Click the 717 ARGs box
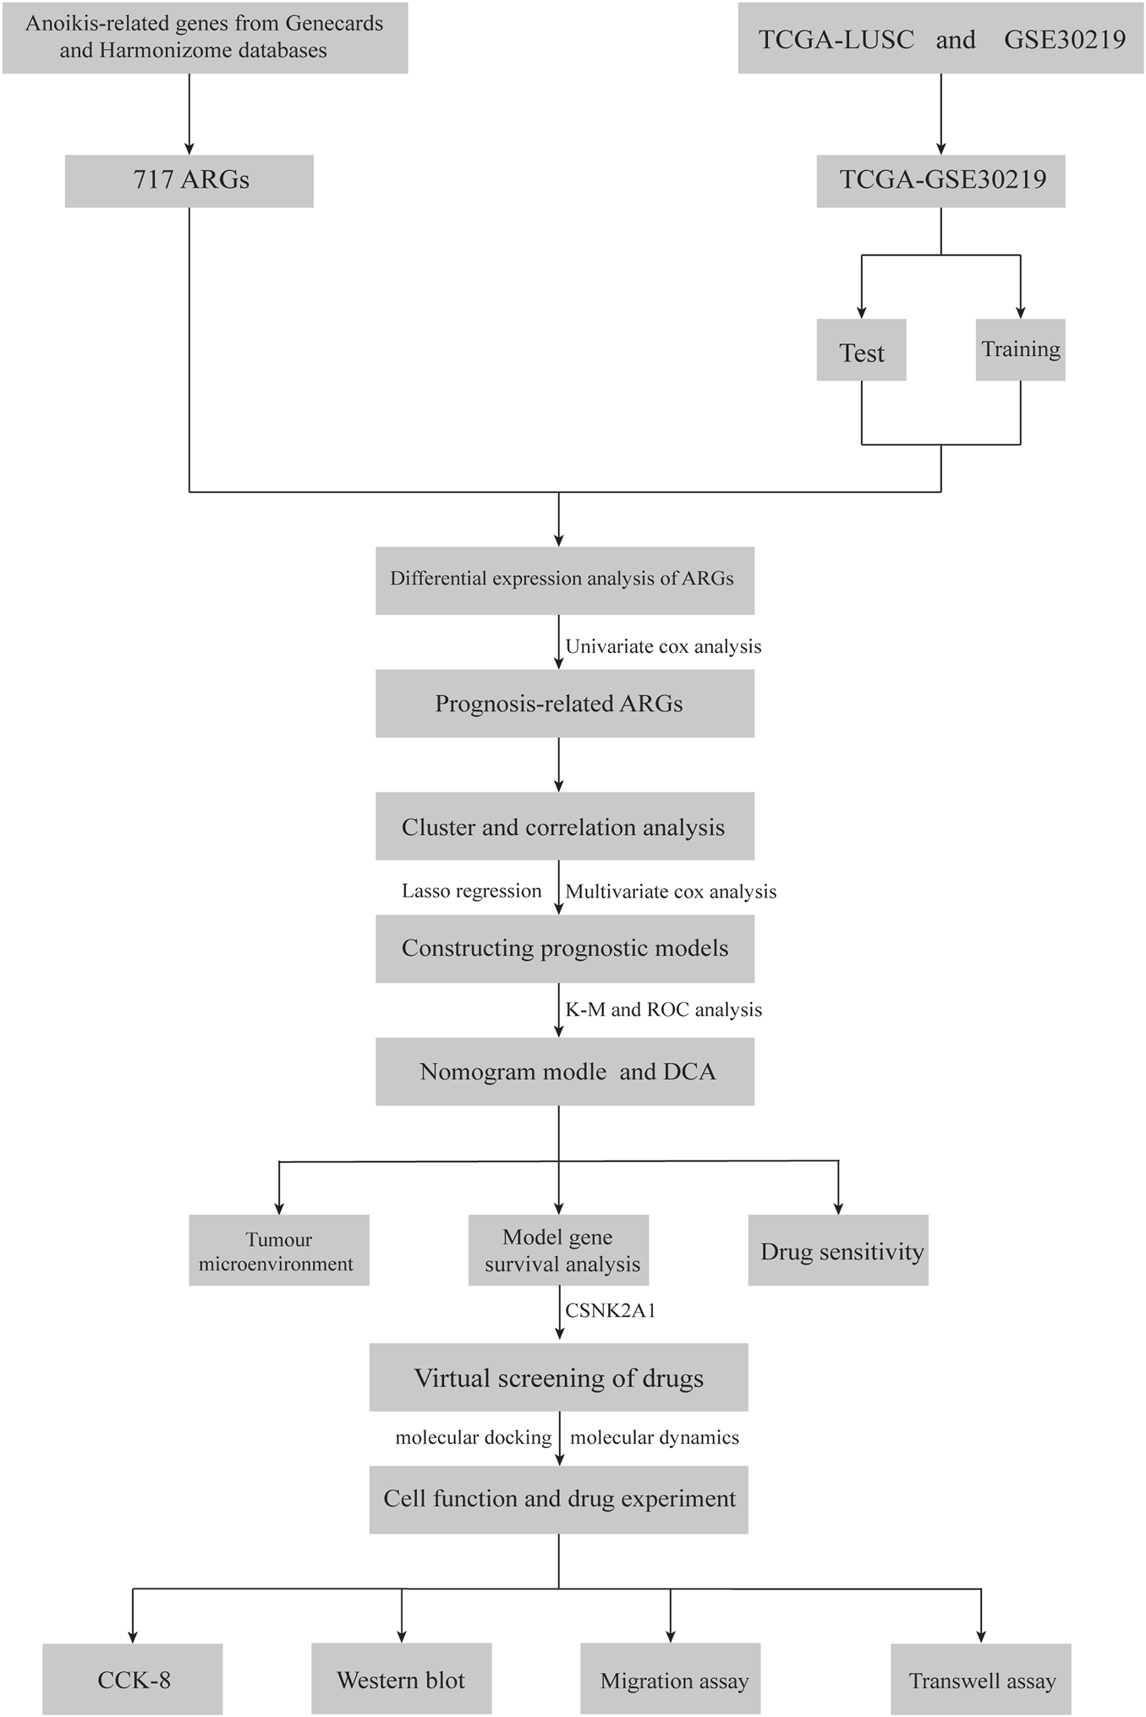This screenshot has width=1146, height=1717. [x=189, y=180]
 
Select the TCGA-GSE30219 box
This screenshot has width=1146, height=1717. [x=940, y=180]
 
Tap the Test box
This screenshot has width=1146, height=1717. [x=861, y=350]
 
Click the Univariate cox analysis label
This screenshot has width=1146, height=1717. [x=663, y=647]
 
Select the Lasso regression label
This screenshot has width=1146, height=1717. [x=471, y=891]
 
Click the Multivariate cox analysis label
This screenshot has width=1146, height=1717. [x=671, y=891]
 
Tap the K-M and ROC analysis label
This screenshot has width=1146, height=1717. [x=663, y=1010]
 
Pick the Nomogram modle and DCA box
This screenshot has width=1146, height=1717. [x=564, y=1072]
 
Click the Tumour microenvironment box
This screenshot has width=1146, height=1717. [x=278, y=1251]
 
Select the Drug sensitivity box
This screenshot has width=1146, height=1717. [x=837, y=1251]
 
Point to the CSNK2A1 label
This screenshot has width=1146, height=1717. [x=611, y=1311]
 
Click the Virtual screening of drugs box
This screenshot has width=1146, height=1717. [x=558, y=1378]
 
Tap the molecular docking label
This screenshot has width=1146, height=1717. [x=473, y=1437]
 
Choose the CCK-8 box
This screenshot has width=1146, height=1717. [x=133, y=1680]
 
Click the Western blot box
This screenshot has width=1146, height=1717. [x=401, y=1680]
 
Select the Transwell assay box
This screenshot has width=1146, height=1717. [x=981, y=1680]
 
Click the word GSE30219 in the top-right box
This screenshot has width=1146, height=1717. [x=1064, y=40]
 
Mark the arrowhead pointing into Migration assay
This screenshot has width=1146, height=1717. [x=671, y=1635]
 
